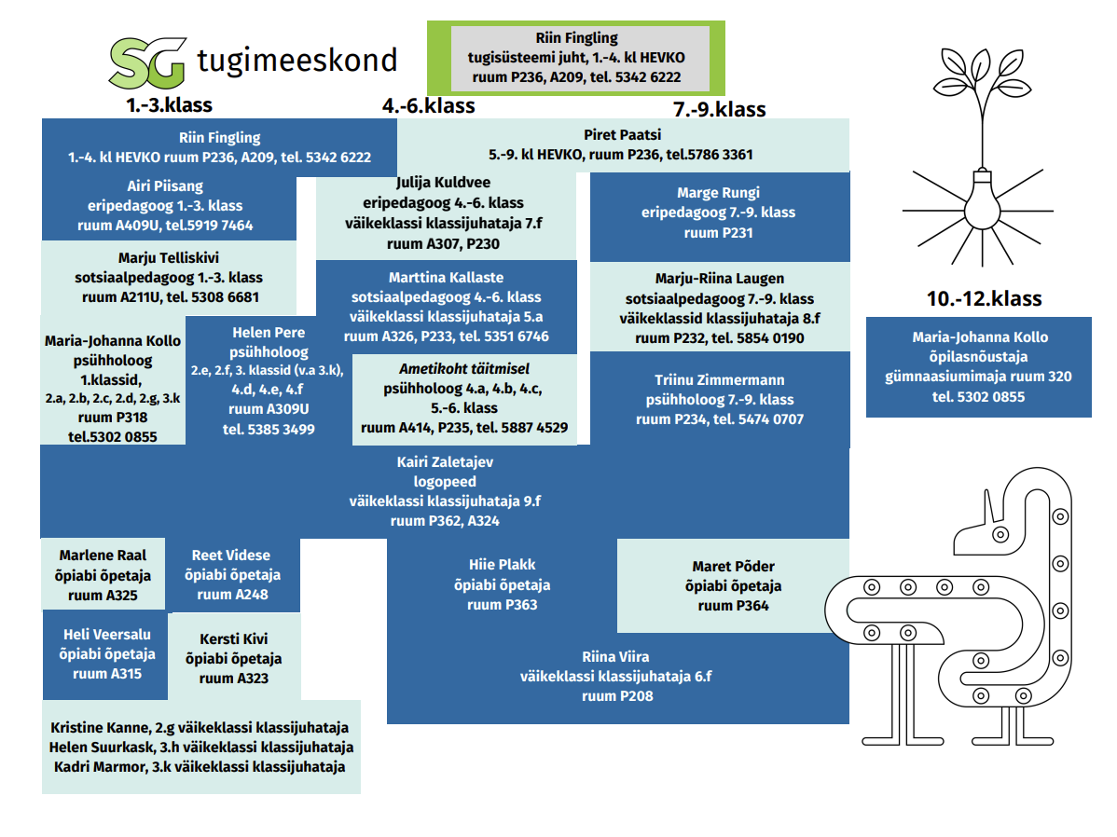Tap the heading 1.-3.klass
(x=170, y=104)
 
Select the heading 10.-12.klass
(x=984, y=299)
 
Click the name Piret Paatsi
(x=622, y=134)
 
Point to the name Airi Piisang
(x=165, y=185)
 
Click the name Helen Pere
(x=269, y=333)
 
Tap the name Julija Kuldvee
(x=443, y=182)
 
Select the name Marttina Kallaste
(x=446, y=277)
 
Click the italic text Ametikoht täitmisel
(x=451, y=368)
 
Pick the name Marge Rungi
(x=718, y=193)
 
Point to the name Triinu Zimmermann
(x=719, y=379)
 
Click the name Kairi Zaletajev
(x=445, y=461)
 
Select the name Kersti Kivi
(x=233, y=638)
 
